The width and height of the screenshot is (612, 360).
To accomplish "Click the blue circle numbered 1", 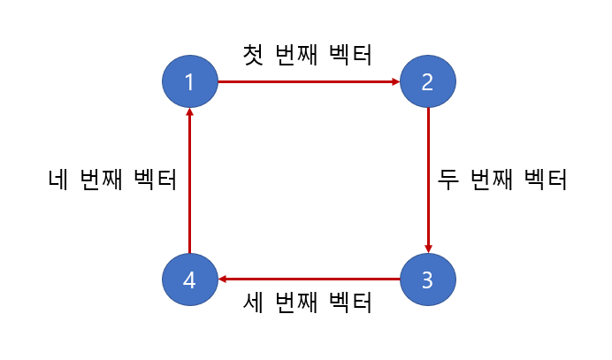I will tap(189, 82).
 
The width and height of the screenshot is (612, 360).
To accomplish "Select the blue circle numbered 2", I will tap(428, 82).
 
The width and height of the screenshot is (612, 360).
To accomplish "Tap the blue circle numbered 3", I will tap(428, 280).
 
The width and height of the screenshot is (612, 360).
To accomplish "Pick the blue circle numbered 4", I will tap(189, 280).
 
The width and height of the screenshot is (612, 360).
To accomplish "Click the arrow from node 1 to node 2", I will tap(309, 82).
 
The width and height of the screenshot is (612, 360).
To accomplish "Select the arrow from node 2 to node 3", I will tap(428, 181).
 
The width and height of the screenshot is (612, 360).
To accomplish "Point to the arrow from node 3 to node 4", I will tap(309, 280).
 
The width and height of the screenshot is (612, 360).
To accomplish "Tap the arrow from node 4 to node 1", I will tap(189, 181).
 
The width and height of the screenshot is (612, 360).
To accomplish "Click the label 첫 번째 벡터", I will tap(308, 54).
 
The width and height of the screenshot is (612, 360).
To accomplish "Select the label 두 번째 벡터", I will tap(502, 180).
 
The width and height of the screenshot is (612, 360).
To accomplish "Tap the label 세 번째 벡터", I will tap(308, 303).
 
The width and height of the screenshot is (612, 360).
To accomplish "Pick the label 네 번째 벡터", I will tap(112, 180).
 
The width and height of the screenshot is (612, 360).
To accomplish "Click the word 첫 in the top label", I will tap(254, 54).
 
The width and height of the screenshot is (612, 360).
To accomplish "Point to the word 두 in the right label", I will tap(448, 180).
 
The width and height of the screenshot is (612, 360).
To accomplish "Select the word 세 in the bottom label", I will tap(254, 303).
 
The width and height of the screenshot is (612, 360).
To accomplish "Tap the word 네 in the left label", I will tap(58, 180).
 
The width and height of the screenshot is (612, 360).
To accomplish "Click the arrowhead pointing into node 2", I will tap(395, 82).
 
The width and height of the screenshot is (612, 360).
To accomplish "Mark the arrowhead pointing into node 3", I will tap(428, 249).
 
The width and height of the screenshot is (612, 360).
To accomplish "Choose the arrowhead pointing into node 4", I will tap(223, 280).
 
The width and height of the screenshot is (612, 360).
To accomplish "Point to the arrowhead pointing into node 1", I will tap(189, 113).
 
